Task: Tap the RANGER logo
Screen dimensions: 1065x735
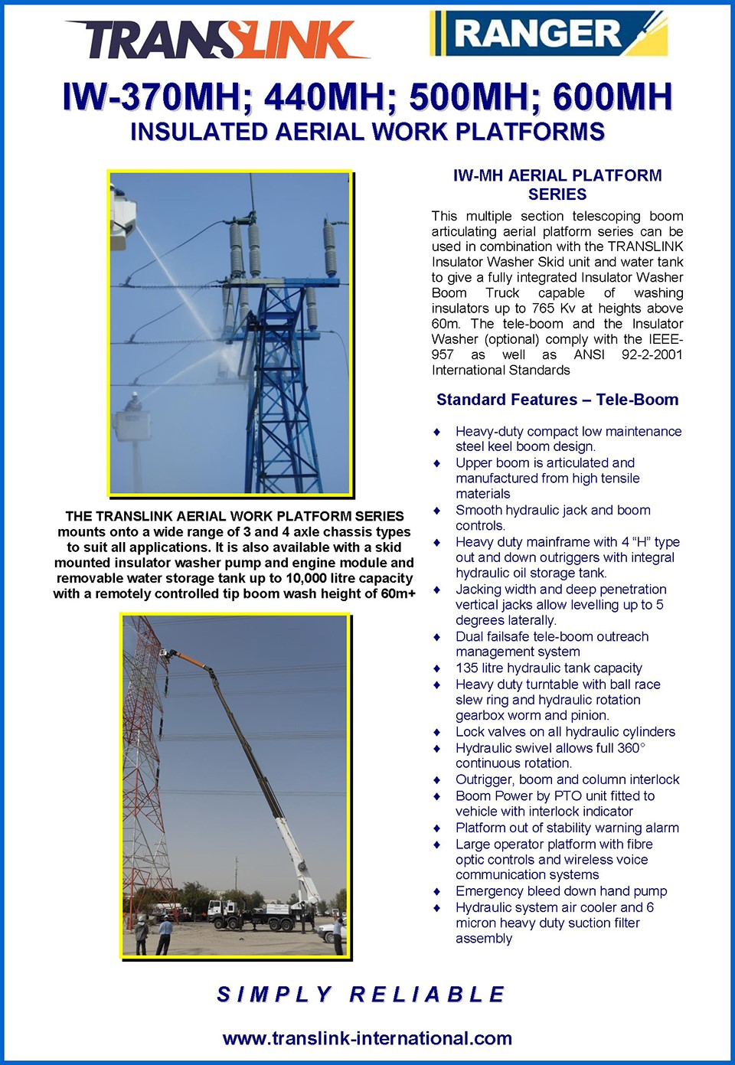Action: pos(548,34)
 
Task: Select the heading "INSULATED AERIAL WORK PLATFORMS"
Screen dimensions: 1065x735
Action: pos(367,132)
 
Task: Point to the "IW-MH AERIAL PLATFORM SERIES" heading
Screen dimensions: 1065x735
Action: pos(557,185)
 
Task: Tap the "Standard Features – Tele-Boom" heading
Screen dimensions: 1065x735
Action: pos(557,400)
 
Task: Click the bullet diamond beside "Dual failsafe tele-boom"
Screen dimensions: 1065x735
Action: pos(437,637)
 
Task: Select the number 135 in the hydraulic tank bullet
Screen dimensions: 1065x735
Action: pos(467,668)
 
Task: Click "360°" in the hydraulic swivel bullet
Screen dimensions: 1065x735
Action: pos(631,748)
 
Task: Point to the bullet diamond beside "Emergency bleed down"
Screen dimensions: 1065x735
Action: pos(437,892)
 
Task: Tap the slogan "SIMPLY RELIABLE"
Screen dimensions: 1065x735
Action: pos(361,995)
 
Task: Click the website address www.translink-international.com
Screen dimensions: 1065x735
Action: pos(367,1039)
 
